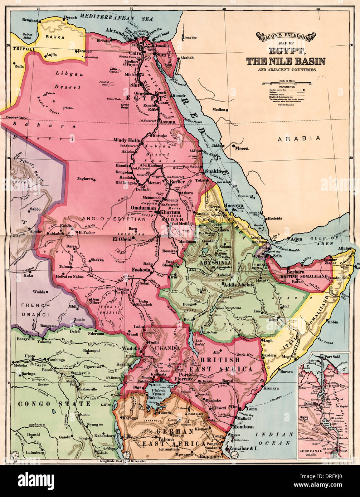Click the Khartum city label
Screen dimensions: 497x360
pyautogui.click(x=170, y=212)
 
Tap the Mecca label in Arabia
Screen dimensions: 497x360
pyautogui.click(x=242, y=148)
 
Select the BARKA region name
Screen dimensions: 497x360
pyautogui.click(x=55, y=37)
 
